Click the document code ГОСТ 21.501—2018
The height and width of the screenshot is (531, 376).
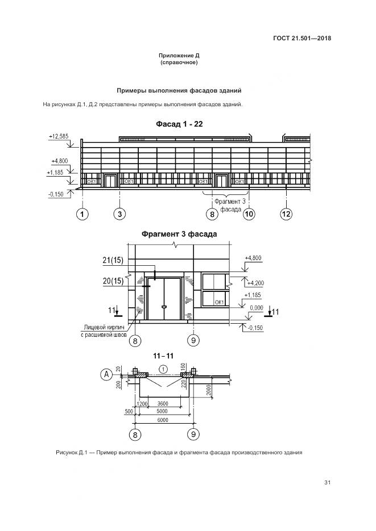[302, 39]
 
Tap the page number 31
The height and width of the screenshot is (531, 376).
[327, 483]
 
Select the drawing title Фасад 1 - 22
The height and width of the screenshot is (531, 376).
[179, 124]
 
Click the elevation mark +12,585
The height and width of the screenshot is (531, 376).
[58, 136]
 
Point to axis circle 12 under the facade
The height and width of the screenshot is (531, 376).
[286, 214]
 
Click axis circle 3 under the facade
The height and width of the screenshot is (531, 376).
[120, 214]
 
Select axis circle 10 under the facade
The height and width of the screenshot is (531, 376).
[249, 214]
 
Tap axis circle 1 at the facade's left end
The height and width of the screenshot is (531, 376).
[82, 214]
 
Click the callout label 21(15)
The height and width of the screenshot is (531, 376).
[113, 260]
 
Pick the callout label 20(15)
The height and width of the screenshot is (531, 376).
[113, 281]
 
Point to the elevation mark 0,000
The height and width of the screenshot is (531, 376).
[257, 307]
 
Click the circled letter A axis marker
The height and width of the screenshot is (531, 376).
[105, 374]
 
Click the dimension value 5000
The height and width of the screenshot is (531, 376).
[163, 411]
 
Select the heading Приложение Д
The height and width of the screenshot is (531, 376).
[179, 56]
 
